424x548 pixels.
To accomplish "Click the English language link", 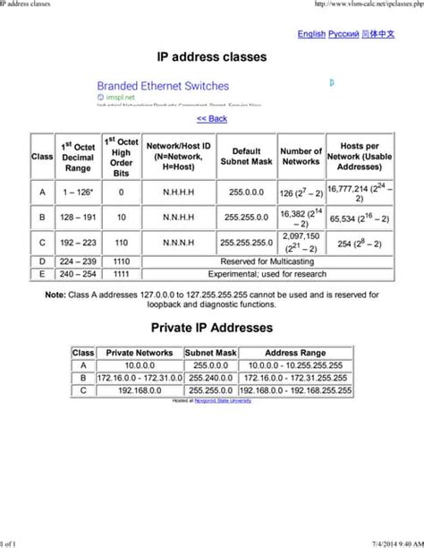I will click(311, 34).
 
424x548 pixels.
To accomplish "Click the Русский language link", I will click(343, 34).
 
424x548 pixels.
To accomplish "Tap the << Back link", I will click(212, 118).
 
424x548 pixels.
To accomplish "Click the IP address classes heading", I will click(212, 57).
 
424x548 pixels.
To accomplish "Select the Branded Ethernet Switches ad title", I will click(163, 87).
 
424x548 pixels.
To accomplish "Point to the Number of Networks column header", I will click(301, 157).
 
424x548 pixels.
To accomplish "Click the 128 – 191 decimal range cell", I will click(78, 218).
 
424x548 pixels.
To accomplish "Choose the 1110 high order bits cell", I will click(121, 261).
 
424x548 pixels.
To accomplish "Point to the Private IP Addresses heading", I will click(212, 329).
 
